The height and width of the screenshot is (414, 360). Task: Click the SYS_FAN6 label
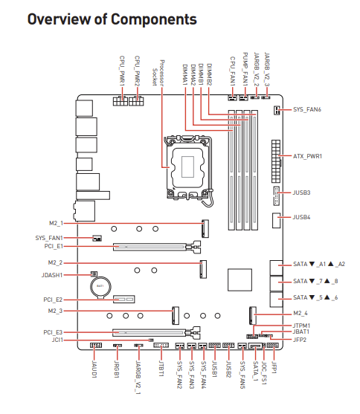307,109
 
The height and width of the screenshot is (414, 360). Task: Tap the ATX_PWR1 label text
307,156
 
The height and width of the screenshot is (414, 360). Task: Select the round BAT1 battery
100,287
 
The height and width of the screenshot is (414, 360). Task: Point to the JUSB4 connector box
276,220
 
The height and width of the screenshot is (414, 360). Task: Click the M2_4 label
300,314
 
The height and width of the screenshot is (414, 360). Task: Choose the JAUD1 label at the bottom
94,369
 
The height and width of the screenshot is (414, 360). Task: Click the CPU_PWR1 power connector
120,101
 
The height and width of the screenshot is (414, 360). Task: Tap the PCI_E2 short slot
124,299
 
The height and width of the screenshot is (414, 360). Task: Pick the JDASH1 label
52,275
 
